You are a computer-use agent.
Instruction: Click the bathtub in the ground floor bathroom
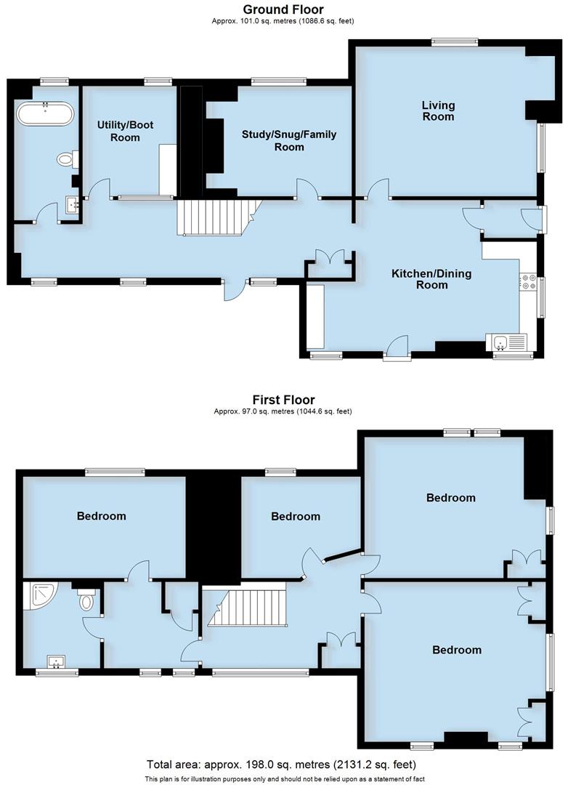point(45,115)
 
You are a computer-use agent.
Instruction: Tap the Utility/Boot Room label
point(126,131)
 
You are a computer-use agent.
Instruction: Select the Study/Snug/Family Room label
point(289,140)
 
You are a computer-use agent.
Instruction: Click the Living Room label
point(438,111)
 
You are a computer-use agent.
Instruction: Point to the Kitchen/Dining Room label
point(431,279)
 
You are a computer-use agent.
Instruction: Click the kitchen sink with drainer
point(506,342)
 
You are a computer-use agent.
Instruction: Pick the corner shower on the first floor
point(36,597)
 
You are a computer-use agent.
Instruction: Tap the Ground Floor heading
point(283,9)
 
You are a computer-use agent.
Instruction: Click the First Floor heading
point(283,399)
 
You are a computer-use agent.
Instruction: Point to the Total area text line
point(281,765)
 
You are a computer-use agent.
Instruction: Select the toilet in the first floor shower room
point(86,600)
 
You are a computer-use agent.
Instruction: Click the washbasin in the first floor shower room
point(57,661)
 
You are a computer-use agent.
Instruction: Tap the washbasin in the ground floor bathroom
point(73,204)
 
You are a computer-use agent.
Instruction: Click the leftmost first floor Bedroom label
point(102,516)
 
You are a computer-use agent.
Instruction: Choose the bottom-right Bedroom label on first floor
point(457,650)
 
